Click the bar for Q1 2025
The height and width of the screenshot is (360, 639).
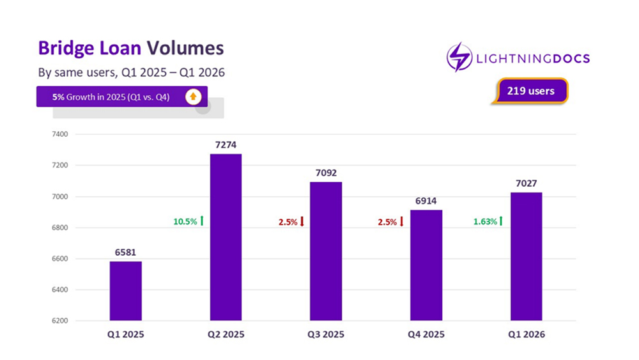click(x=126, y=291)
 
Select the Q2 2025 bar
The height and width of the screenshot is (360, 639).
click(x=226, y=237)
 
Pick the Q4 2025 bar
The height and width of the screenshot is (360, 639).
click(x=426, y=265)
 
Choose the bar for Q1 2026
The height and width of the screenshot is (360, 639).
click(x=526, y=256)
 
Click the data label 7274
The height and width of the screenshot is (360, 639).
click(x=226, y=145)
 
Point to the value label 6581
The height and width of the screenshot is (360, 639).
click(x=126, y=253)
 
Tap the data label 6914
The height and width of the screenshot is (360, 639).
click(x=426, y=201)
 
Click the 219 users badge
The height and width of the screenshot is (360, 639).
click(x=530, y=91)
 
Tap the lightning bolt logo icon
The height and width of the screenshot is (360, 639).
click(x=459, y=58)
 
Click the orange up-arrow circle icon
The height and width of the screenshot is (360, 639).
click(x=194, y=97)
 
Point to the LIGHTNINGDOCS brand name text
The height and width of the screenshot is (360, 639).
click(x=532, y=59)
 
